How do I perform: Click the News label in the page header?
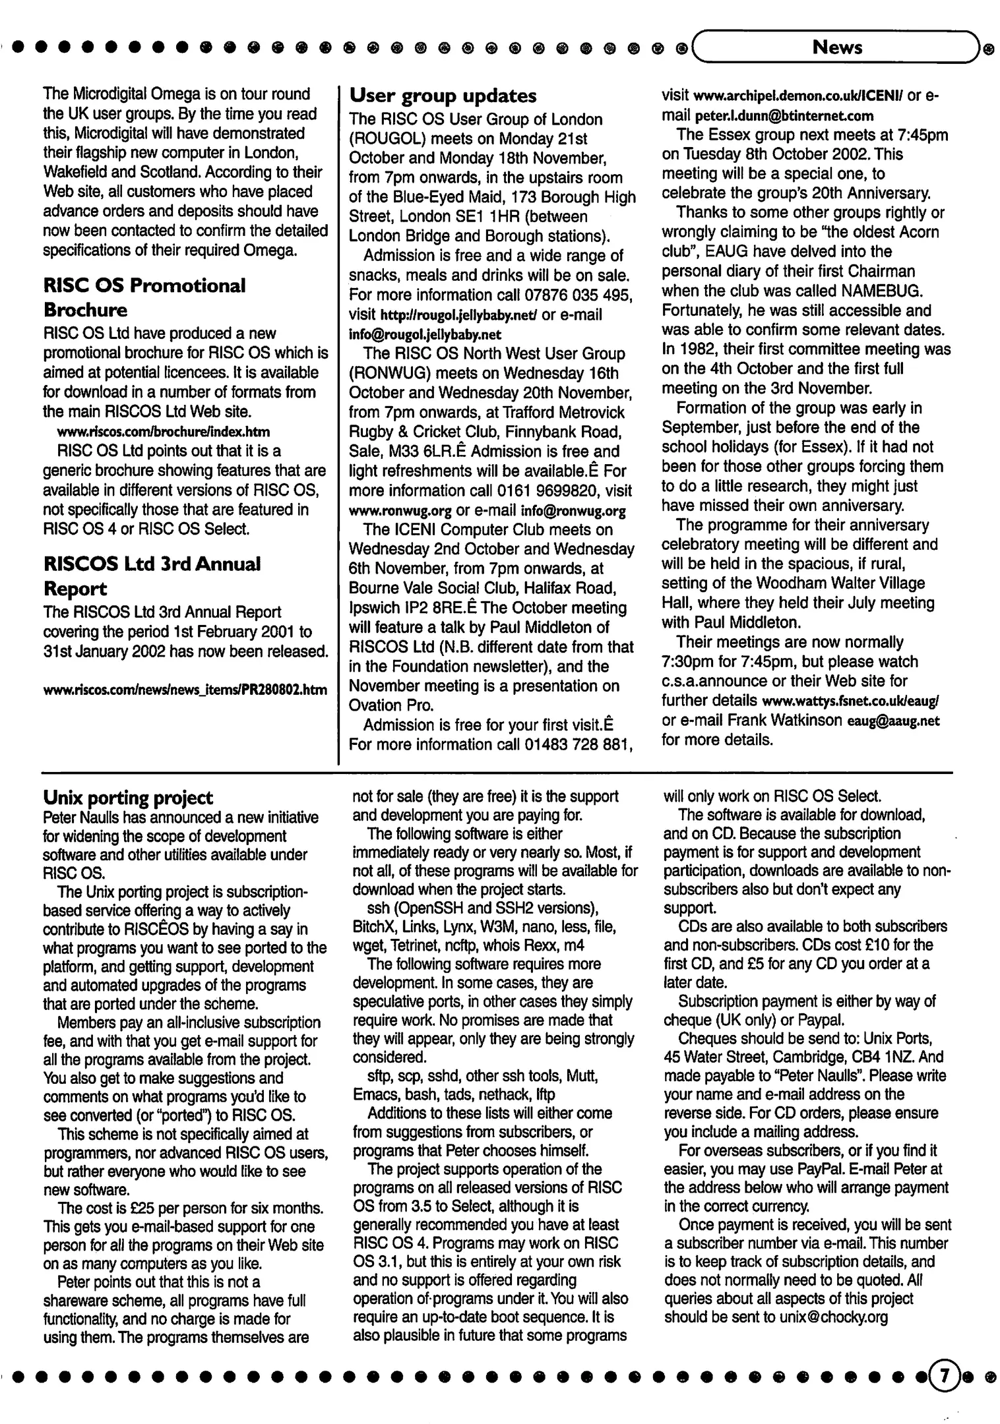click(x=837, y=47)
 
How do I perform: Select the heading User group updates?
click(x=443, y=96)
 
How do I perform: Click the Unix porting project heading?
click(x=128, y=798)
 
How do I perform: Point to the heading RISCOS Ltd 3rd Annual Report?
click(x=152, y=576)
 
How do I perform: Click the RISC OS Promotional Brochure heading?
click(x=144, y=297)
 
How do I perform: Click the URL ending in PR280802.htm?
click(x=185, y=690)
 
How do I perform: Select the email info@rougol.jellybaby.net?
click(x=416, y=334)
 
